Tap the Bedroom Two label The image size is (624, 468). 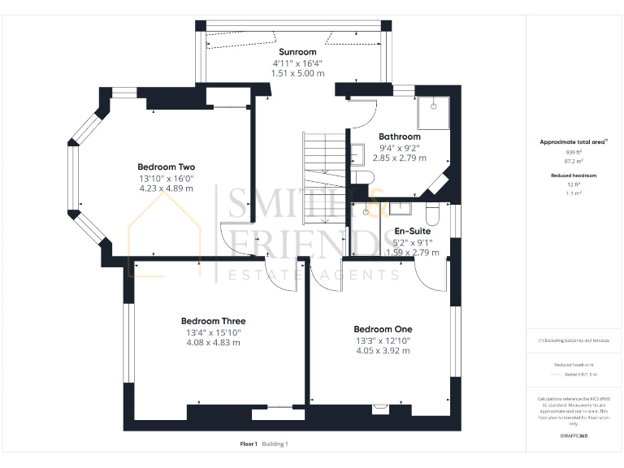point(166,167)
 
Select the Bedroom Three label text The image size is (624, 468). point(213,321)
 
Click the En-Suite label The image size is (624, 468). point(418,231)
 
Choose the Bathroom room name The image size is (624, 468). point(400,136)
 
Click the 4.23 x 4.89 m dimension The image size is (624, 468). point(166,188)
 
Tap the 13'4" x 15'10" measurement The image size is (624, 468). point(213,332)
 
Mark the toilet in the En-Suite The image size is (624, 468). point(432,214)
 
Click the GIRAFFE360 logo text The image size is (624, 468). point(574,436)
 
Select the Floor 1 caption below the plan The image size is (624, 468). point(249,444)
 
